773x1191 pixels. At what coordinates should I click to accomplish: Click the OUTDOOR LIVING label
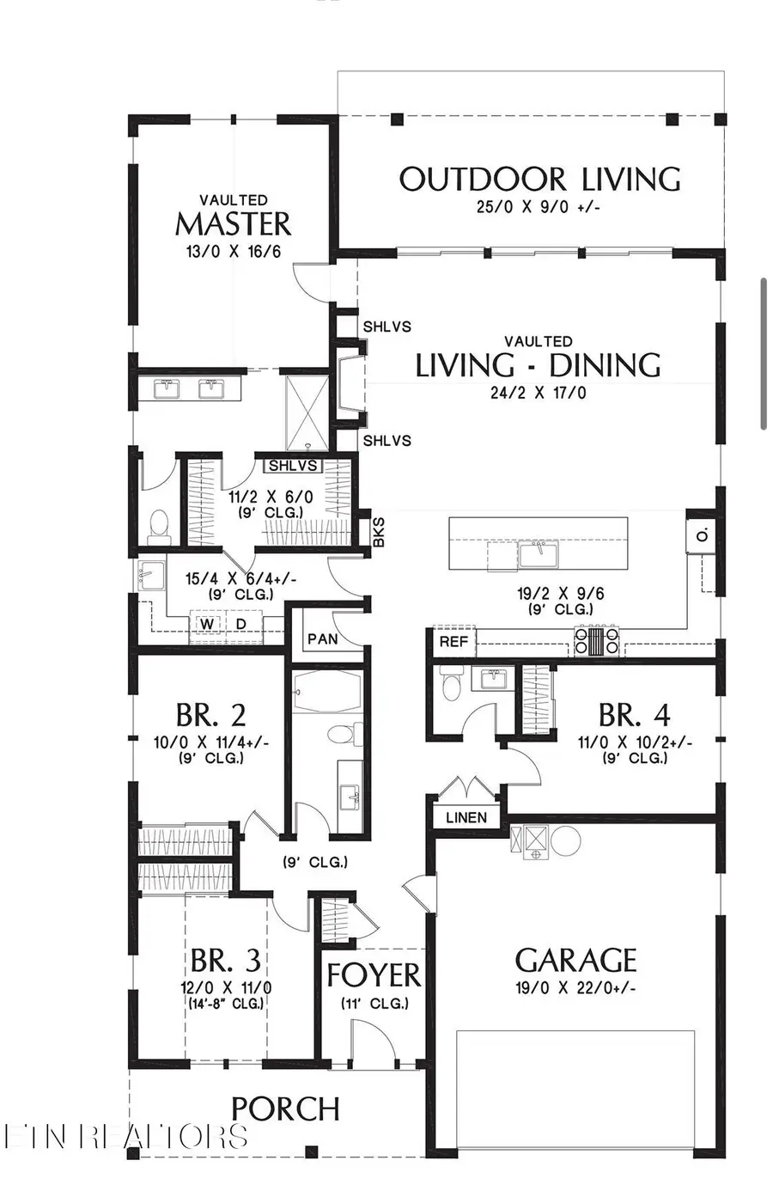pyautogui.click(x=539, y=180)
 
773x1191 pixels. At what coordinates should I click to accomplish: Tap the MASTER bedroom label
pyautogui.click(x=233, y=223)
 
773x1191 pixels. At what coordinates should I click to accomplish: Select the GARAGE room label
pyautogui.click(x=575, y=960)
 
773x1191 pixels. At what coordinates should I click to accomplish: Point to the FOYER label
pyautogui.click(x=374, y=976)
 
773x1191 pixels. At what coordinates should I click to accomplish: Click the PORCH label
pyautogui.click(x=285, y=1109)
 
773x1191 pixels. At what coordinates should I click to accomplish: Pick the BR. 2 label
pyautogui.click(x=210, y=715)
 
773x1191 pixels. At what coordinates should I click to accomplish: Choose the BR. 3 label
pyautogui.click(x=225, y=960)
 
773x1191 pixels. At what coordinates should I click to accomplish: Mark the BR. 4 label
pyautogui.click(x=634, y=715)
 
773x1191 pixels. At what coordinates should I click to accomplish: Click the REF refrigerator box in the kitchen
pyautogui.click(x=453, y=641)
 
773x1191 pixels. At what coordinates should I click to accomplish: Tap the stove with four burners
pyautogui.click(x=596, y=641)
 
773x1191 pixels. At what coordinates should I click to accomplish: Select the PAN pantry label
pyautogui.click(x=323, y=638)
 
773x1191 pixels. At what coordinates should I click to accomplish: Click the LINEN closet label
pyautogui.click(x=466, y=817)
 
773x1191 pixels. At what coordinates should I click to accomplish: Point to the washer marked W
pyautogui.click(x=207, y=624)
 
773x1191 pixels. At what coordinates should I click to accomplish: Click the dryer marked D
pyautogui.click(x=241, y=624)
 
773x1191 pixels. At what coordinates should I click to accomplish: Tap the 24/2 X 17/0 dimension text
pyautogui.click(x=539, y=393)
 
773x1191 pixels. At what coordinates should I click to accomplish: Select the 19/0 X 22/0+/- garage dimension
pyautogui.click(x=575, y=988)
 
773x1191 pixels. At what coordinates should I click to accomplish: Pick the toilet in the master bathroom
pyautogui.click(x=159, y=525)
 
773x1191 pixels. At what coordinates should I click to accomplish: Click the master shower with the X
pyautogui.click(x=307, y=411)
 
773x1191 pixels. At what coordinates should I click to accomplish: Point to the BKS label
pyautogui.click(x=379, y=532)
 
